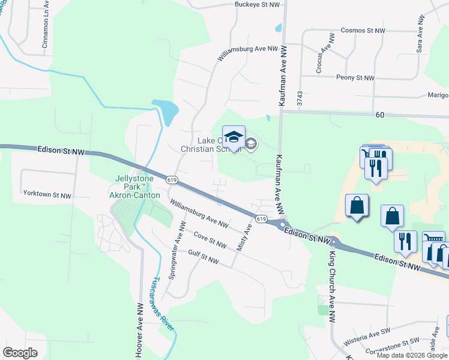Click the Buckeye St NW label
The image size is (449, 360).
click(x=258, y=4)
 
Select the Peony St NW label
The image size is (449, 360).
click(x=355, y=78)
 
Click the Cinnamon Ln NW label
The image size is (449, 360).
click(x=45, y=26)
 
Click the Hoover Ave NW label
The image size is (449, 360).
click(x=140, y=330)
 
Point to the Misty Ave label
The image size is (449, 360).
click(x=244, y=238)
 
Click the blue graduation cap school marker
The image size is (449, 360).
click(x=234, y=137)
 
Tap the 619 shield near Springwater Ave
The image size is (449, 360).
click(x=172, y=180)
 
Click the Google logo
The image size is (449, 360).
click(x=20, y=352)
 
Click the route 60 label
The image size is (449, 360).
click(x=379, y=114)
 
